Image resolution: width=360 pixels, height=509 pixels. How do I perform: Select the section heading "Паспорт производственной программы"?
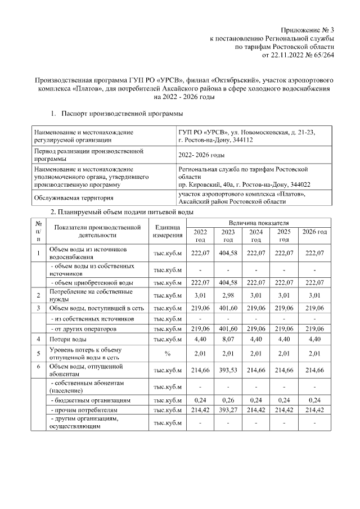[121, 114]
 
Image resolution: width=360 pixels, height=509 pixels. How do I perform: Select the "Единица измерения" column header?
[168, 231]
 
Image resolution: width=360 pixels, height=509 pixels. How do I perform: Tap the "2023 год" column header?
[228, 236]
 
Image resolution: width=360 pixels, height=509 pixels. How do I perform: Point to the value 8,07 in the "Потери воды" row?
[228, 340]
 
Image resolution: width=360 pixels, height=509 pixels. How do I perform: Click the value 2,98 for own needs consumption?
[228, 295]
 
